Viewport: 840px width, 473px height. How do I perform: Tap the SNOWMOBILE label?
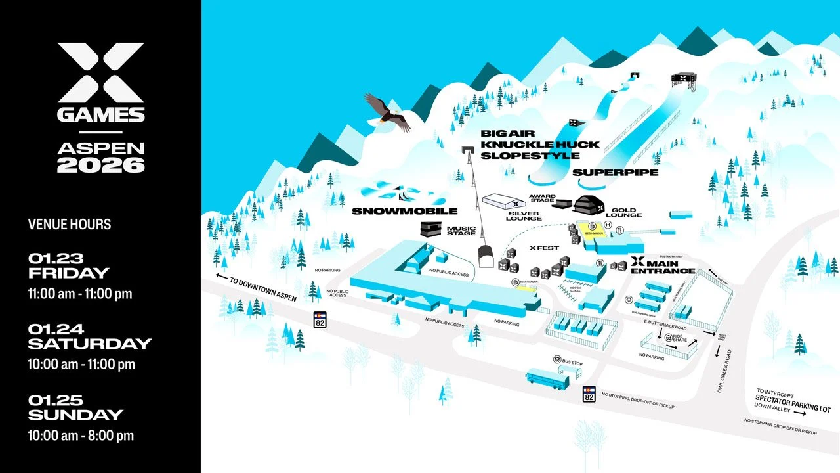coord(404,211)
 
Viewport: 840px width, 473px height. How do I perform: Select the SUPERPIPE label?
coord(615,172)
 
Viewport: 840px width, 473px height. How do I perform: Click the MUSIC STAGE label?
coord(461,231)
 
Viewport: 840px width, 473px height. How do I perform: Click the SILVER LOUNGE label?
coord(524,215)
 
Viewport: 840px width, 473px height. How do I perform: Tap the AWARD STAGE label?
coord(542,198)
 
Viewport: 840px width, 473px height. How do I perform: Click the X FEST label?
coord(544,248)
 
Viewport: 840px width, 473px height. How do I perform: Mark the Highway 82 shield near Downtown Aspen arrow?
coord(319,317)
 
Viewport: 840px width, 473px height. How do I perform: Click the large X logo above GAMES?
coord(100,72)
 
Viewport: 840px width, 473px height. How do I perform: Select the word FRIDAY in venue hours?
coord(68,273)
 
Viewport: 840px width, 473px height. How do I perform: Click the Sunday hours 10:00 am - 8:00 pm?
coord(81,436)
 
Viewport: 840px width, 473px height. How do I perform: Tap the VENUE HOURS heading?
coord(70,224)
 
